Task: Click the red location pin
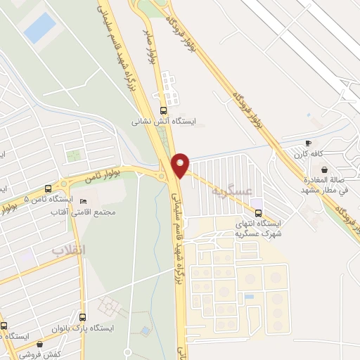click(x=181, y=165)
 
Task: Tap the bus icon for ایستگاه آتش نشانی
click(x=164, y=110)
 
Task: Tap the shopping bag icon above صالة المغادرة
click(x=324, y=169)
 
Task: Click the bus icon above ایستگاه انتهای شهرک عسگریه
click(x=258, y=212)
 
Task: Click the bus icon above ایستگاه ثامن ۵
click(x=48, y=188)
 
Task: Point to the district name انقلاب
click(x=67, y=250)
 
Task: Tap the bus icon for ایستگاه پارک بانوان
click(x=84, y=317)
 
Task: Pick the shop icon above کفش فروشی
click(x=39, y=345)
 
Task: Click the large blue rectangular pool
click(x=39, y=27)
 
